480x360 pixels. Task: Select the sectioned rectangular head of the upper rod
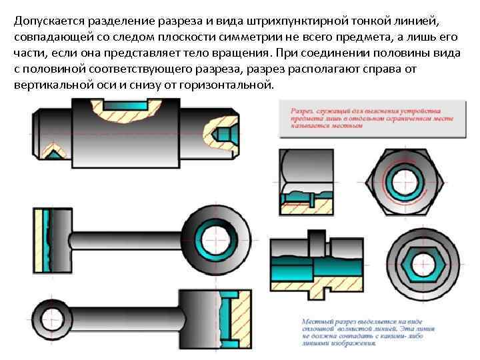[49, 237]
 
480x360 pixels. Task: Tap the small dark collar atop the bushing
[314, 238]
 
